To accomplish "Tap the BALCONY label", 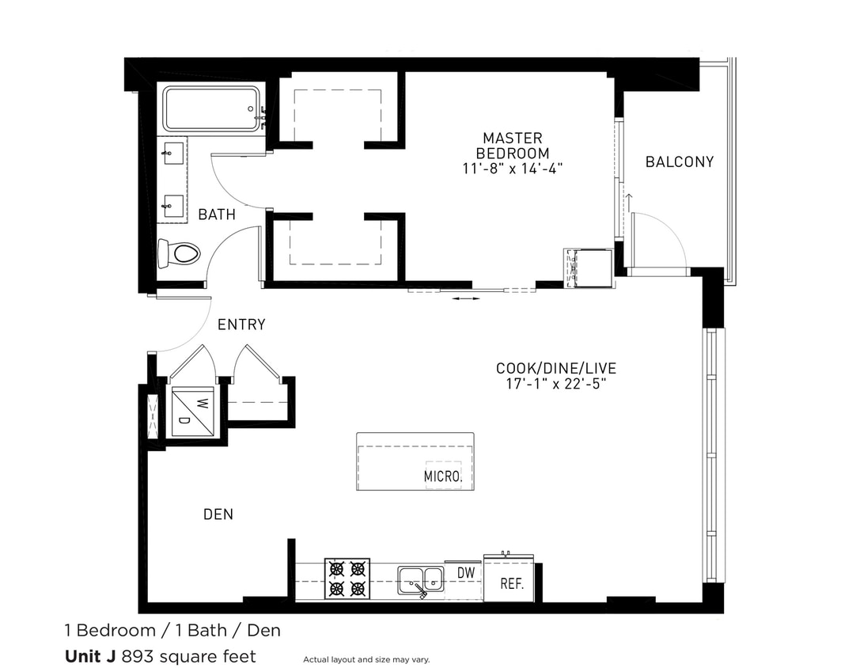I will (x=679, y=162).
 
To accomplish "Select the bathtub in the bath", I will (x=211, y=108).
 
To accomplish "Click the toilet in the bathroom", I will (x=180, y=254).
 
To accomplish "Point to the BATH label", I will (x=217, y=214).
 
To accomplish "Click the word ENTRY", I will (x=241, y=325).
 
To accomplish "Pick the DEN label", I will (x=218, y=514).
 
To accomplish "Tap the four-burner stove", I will (x=347, y=579).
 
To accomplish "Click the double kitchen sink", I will (x=420, y=579).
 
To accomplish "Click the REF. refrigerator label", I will (x=512, y=586).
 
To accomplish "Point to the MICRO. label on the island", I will (x=442, y=476).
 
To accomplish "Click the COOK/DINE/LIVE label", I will (x=555, y=368).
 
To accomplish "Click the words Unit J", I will (x=89, y=656).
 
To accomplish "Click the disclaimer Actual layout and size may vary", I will (x=366, y=659).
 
